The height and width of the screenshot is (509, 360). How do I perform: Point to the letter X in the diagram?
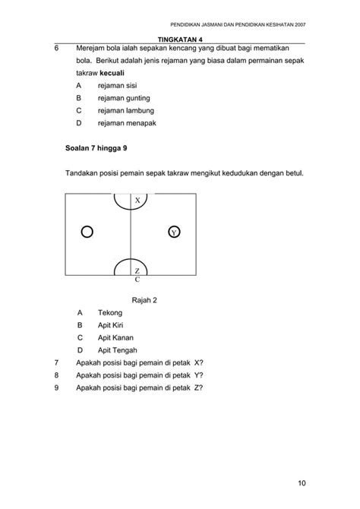coord(137,201)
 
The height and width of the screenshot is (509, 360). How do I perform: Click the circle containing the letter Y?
coord(174,231)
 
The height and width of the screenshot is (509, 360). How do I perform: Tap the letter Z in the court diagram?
coord(137,271)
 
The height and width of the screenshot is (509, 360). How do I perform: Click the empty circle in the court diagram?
coord(87,231)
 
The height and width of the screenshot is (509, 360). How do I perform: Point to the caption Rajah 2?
coord(144,300)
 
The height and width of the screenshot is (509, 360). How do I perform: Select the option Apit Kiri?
coord(112,324)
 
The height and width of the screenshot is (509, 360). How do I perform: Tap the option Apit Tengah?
coord(118,349)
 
